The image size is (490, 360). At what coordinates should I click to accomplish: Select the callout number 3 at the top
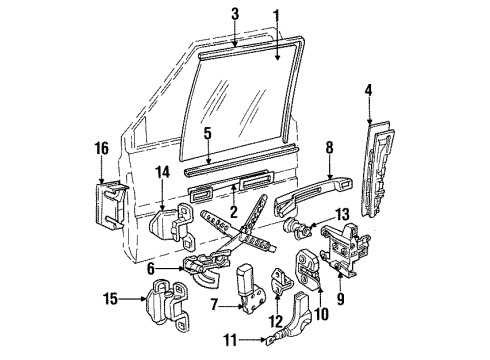(235, 14)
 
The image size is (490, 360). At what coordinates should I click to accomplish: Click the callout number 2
(232, 212)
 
